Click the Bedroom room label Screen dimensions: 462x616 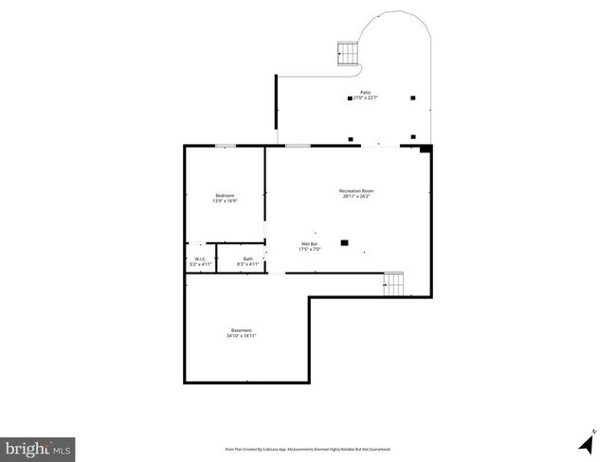click(225, 195)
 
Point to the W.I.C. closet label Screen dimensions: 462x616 click(201, 258)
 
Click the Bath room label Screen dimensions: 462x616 click(247, 258)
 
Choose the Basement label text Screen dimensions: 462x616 click(241, 329)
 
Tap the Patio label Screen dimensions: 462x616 click(364, 92)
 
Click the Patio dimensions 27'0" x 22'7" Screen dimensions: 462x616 click(364, 98)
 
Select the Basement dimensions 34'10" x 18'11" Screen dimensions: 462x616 click(241, 335)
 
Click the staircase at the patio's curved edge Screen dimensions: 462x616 click(349, 54)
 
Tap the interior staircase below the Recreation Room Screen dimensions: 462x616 click(394, 283)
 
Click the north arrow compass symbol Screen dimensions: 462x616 click(588, 440)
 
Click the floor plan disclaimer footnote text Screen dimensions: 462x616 click(308, 449)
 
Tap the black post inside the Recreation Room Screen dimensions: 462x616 click(345, 242)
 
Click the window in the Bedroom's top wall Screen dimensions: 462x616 click(226, 145)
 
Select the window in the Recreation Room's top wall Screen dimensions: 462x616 click(298, 145)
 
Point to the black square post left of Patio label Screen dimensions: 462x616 click(349, 98)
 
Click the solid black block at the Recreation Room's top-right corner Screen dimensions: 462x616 click(426, 148)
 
